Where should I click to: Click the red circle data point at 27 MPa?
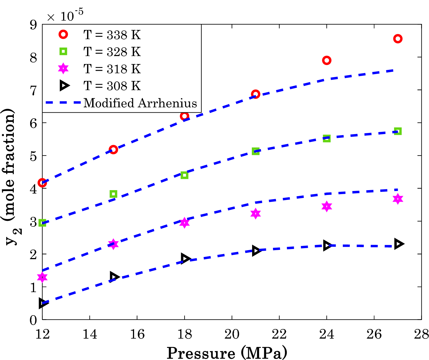point(397,39)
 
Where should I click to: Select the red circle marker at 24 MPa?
point(326,60)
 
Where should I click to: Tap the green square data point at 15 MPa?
point(113,194)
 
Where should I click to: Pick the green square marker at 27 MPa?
point(397,131)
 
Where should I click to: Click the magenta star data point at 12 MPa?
point(42,277)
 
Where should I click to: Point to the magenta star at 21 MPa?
point(255,214)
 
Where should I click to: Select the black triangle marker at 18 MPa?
point(185,258)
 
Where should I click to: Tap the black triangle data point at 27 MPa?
point(399,244)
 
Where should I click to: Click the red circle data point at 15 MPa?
point(113,150)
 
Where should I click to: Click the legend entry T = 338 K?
point(112,35)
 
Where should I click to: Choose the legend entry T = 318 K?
point(112,69)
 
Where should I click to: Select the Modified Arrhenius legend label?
point(140,103)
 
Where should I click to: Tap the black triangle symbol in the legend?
point(64,86)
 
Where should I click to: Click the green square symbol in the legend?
point(63,52)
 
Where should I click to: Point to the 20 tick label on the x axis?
point(232,334)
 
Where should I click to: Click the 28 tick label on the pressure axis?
point(421,334)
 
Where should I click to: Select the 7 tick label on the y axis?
point(34,90)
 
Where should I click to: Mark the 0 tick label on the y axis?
point(34,320)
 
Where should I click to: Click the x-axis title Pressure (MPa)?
point(227,353)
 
